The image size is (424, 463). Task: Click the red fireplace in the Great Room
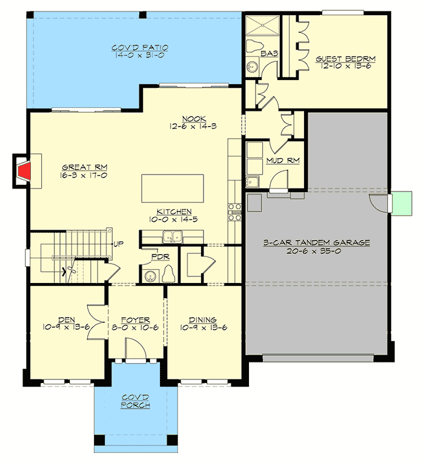click(24, 171)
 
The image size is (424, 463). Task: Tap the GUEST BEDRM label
click(346, 59)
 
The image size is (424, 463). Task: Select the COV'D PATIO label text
click(140, 47)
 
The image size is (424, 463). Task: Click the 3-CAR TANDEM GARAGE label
click(317, 242)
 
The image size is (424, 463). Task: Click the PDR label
click(161, 257)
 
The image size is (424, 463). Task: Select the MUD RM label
click(283, 161)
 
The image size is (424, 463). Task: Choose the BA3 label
click(270, 54)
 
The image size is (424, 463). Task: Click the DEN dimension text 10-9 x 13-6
click(67, 328)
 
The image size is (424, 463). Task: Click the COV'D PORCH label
click(136, 401)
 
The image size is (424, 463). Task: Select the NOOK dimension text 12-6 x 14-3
click(191, 127)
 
